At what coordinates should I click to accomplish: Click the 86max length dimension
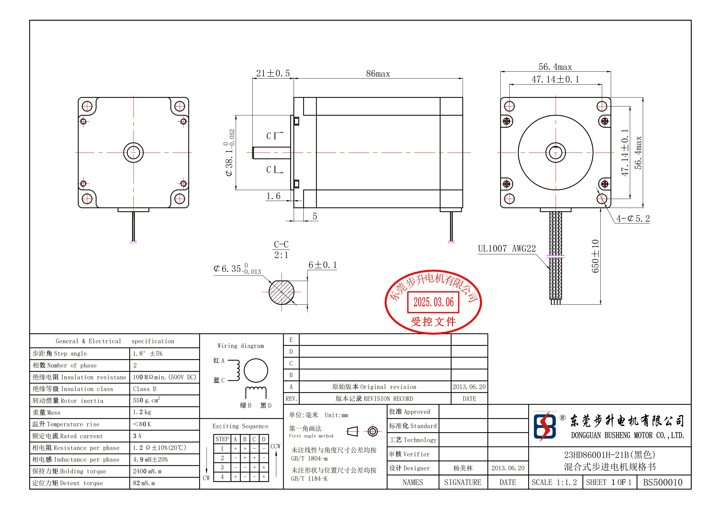[378, 74]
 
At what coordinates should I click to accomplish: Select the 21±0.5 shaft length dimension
[273, 73]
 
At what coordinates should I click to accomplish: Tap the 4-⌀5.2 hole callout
[633, 219]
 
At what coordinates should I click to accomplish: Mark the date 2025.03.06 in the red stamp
[433, 302]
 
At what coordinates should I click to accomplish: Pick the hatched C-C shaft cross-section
[281, 292]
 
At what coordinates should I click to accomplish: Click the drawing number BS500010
[663, 482]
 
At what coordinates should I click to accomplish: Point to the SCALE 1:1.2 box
[554, 482]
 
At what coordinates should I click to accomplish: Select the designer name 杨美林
[463, 468]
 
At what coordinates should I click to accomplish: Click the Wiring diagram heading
[240, 346]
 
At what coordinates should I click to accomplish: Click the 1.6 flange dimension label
[273, 196]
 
